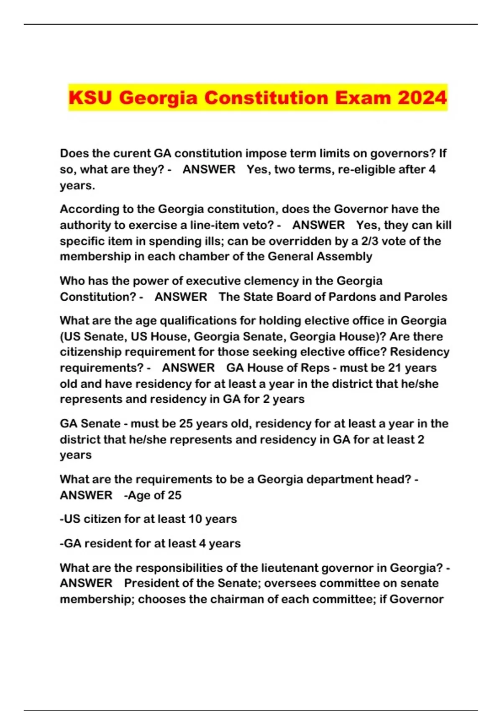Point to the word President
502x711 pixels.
(x=152, y=583)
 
